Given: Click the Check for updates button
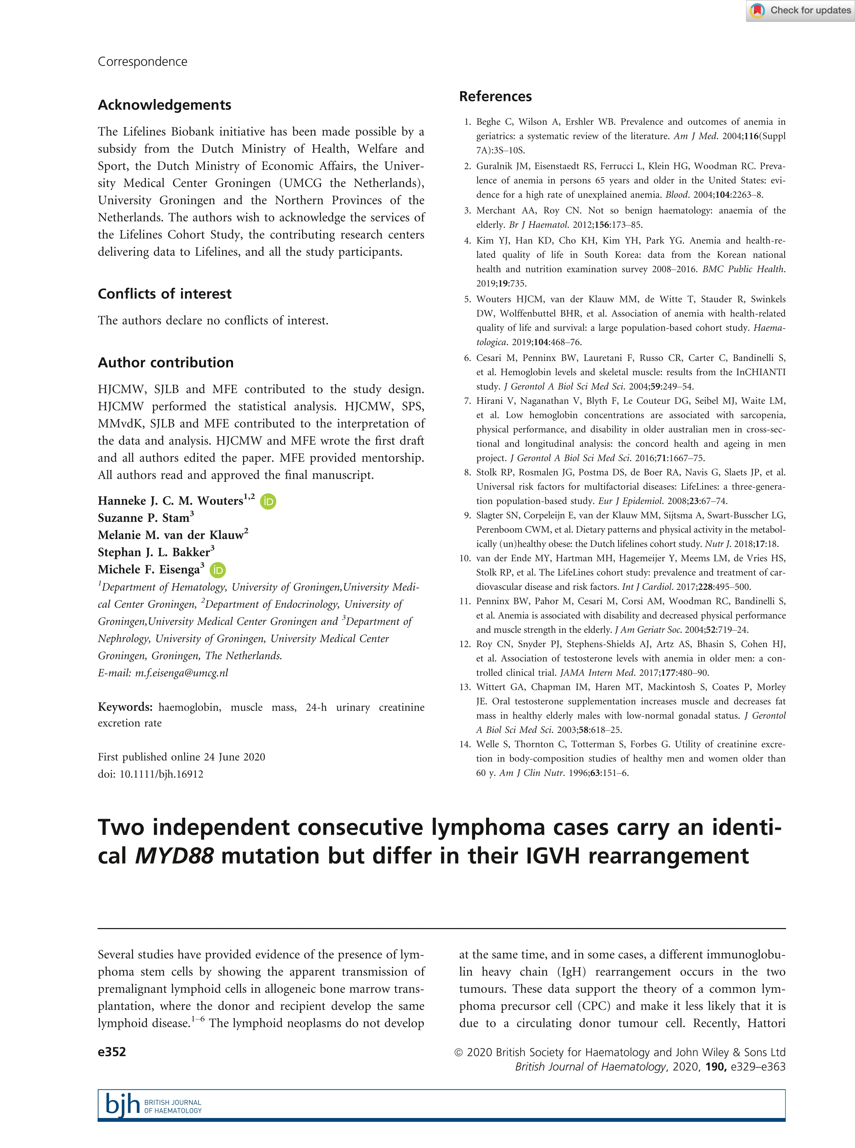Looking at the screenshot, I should tap(800, 10).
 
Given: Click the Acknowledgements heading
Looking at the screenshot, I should tap(164, 105).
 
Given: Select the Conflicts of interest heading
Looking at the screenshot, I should tap(164, 294).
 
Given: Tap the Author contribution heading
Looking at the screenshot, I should tap(165, 362).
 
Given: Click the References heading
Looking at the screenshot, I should tap(495, 96).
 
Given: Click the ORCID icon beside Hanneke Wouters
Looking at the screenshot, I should tap(268, 501).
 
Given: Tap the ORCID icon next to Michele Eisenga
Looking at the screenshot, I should tap(218, 570).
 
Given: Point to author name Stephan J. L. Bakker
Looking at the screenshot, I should tap(154, 552).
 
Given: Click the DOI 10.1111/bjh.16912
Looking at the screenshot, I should tap(161, 774).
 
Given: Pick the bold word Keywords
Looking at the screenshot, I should tap(125, 707).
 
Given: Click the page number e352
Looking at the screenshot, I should tap(112, 1052).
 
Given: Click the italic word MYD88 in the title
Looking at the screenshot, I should tap(174, 856).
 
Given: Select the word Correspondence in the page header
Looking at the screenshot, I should tap(142, 62).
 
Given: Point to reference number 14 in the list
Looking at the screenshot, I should tap(464, 744).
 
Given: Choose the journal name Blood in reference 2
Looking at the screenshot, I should tap(676, 195).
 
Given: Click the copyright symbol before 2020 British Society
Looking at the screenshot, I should tap(459, 1052).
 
